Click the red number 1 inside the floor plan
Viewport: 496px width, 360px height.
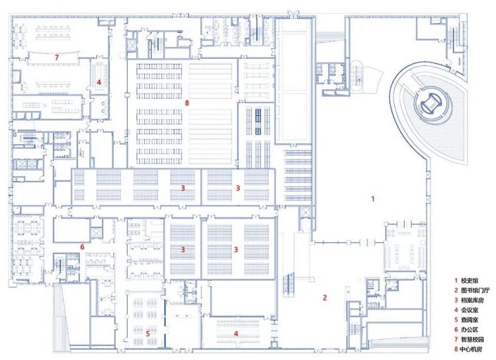(x=373, y=199)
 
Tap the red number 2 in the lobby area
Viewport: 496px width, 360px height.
(x=325, y=297)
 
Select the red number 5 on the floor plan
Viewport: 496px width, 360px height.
(x=147, y=334)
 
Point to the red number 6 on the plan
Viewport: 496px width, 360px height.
(x=82, y=247)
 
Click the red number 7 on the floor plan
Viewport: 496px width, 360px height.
(x=57, y=58)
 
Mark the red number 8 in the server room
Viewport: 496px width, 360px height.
(x=187, y=103)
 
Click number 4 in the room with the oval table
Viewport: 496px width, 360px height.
(x=99, y=82)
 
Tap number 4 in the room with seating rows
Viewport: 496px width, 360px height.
(x=235, y=334)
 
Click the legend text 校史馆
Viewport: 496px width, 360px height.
(x=470, y=280)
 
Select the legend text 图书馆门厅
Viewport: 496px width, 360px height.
(x=475, y=290)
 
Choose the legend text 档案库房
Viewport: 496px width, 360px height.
(x=472, y=300)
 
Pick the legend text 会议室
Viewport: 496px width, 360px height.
(x=470, y=310)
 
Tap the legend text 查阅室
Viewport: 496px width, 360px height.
(x=470, y=320)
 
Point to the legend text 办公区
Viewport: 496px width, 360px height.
(x=470, y=330)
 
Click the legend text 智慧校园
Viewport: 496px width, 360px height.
(x=472, y=339)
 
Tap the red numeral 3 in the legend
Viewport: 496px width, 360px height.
(x=456, y=300)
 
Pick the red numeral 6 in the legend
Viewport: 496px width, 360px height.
(x=456, y=330)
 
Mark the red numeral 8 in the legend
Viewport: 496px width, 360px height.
(x=456, y=349)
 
